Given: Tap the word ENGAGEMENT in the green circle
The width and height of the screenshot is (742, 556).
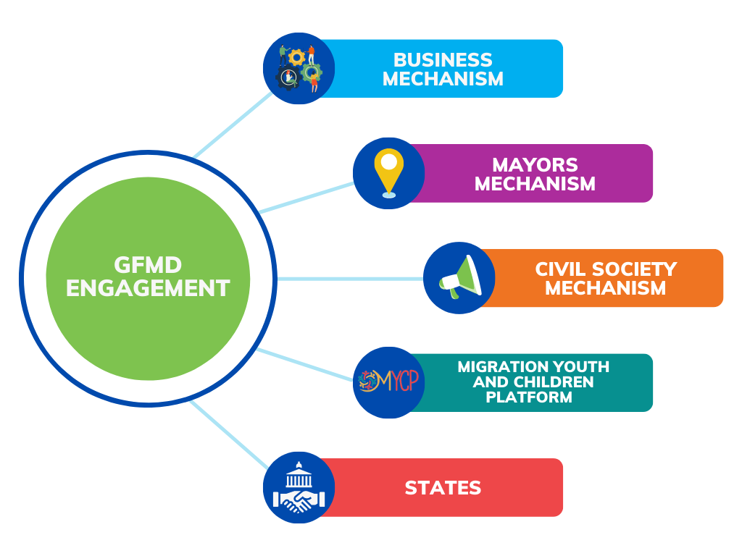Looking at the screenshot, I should [148, 288].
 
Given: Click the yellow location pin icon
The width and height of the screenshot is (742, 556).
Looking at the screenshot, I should [389, 172].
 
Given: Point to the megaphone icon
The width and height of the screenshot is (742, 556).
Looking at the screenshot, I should [459, 277].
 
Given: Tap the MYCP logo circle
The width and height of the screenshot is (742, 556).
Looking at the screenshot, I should [389, 382].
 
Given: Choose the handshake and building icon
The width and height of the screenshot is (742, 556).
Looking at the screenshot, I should [299, 487].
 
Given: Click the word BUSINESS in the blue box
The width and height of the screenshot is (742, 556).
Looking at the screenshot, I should [443, 59].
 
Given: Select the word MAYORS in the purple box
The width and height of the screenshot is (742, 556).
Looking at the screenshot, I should [535, 164].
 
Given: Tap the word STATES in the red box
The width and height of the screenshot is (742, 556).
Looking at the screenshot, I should [443, 488].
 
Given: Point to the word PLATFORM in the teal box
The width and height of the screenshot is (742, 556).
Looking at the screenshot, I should [529, 397].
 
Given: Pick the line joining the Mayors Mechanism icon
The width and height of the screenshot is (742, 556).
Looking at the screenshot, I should [307, 198].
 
